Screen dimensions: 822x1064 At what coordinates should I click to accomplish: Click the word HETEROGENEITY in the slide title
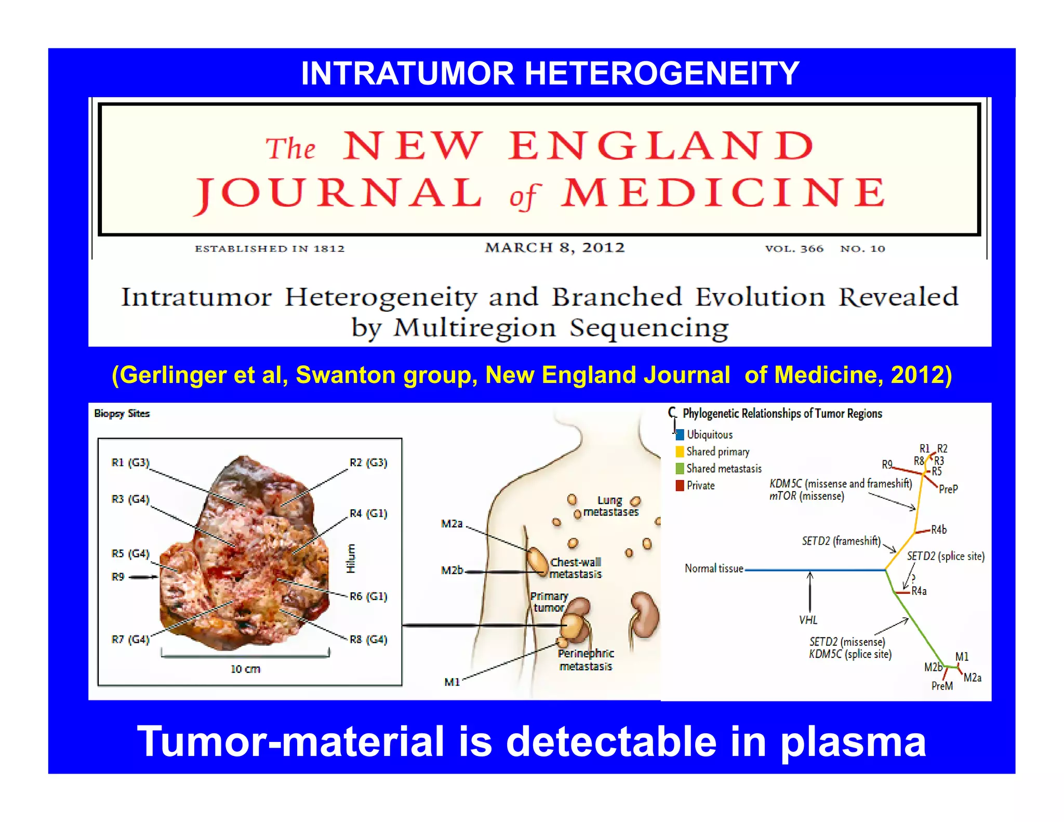[x=662, y=73]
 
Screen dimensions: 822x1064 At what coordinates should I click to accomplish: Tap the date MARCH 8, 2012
[x=555, y=247]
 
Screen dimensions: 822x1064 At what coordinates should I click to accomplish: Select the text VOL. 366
[x=794, y=248]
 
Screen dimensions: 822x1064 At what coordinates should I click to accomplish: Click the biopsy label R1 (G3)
[x=130, y=462]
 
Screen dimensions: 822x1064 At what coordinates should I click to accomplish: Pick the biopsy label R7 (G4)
[x=130, y=639]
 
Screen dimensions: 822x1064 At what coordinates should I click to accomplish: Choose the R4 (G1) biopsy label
[x=368, y=513]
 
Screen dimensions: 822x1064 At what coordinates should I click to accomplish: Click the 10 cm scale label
[x=245, y=669]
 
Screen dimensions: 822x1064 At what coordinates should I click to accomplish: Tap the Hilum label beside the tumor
[x=351, y=559]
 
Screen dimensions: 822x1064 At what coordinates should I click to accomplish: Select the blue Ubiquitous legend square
[x=680, y=435]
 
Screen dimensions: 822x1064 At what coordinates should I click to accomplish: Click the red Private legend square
[x=680, y=486]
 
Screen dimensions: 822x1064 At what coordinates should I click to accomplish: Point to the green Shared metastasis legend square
[x=680, y=469]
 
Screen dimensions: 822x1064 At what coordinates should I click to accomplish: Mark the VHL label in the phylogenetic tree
[x=808, y=620]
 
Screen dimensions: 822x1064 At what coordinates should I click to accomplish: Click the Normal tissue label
[x=714, y=568]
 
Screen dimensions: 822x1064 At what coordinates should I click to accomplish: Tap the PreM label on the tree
[x=942, y=686]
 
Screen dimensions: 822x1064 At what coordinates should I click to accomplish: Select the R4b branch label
[x=938, y=529]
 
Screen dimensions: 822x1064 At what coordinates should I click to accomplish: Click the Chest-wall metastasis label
[x=576, y=568]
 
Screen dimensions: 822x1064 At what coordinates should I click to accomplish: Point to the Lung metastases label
[x=610, y=506]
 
